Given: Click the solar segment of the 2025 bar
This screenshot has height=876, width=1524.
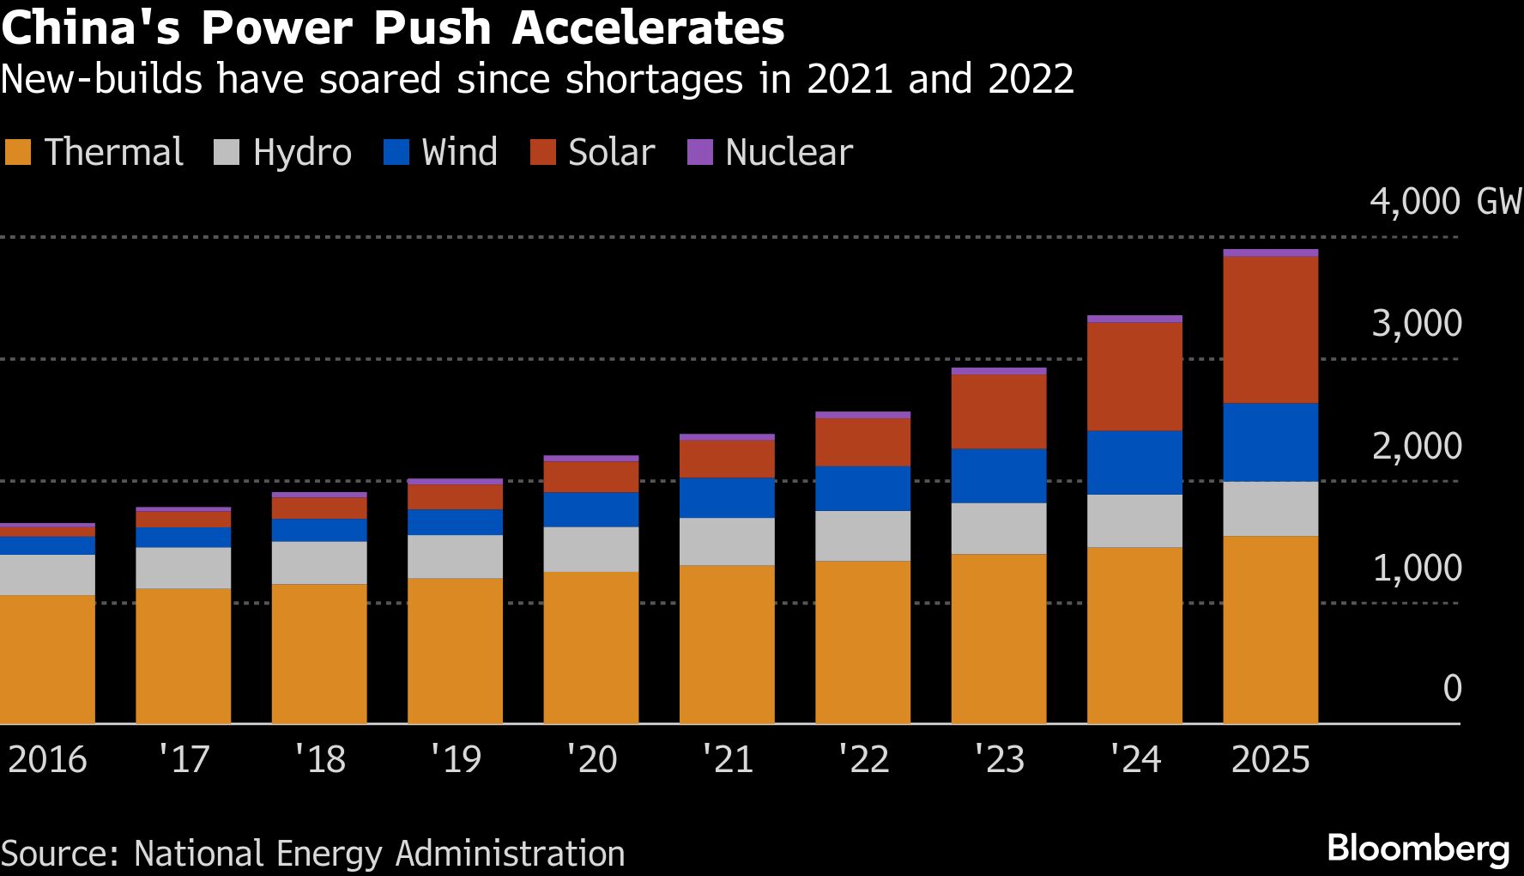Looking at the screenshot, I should [x=1270, y=330].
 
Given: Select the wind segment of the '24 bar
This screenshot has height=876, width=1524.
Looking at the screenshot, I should [x=1134, y=462].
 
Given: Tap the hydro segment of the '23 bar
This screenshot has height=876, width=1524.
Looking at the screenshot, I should [x=999, y=528].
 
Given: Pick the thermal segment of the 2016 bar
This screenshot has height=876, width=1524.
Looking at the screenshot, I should [x=47, y=659].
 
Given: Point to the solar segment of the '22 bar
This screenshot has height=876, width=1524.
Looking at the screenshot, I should [x=862, y=441].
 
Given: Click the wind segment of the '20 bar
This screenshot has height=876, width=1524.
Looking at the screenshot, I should [x=590, y=509].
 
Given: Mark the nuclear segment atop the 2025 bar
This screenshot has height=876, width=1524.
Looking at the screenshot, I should [x=1270, y=252].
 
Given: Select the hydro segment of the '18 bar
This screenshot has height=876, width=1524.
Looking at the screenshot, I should [x=319, y=563].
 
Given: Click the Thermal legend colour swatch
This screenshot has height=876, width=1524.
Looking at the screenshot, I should [x=18, y=152].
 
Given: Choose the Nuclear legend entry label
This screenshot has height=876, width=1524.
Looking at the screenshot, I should [x=789, y=152].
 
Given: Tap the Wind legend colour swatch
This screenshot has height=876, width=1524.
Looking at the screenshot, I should [x=396, y=152].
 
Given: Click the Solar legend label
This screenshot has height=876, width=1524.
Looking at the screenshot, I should [x=611, y=152].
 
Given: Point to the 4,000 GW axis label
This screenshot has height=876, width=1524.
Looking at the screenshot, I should [x=1445, y=201].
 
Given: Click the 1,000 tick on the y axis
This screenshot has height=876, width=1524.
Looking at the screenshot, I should [x=1417, y=568].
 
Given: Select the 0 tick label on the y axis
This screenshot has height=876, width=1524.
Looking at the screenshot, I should [x=1452, y=688].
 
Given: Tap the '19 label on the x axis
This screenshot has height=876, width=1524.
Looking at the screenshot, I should [x=455, y=759].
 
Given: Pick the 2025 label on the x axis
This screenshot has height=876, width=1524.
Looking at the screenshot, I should [x=1270, y=759].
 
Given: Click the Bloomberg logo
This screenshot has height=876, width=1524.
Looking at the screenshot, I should [x=1418, y=849].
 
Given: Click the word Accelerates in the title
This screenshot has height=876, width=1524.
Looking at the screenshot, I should [x=648, y=27].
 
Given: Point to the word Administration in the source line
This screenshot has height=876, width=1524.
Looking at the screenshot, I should [x=510, y=854].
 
